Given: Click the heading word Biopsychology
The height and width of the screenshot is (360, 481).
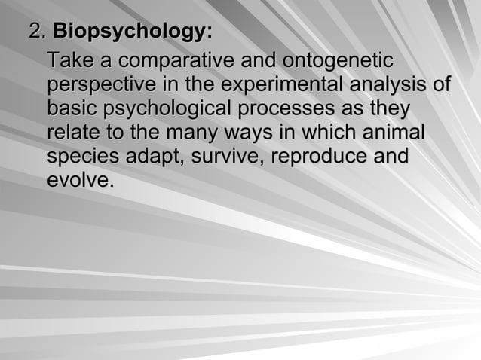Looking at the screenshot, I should tap(132, 32).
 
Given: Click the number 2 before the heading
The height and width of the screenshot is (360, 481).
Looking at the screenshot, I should tap(34, 32).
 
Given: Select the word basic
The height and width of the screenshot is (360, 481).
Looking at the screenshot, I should tap(69, 108).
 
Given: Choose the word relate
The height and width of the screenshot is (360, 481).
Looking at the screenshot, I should tap(72, 133).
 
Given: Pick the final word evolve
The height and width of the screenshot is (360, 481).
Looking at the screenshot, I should tap(79, 182).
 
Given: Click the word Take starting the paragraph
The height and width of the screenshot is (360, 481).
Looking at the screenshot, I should tap(69, 59).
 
